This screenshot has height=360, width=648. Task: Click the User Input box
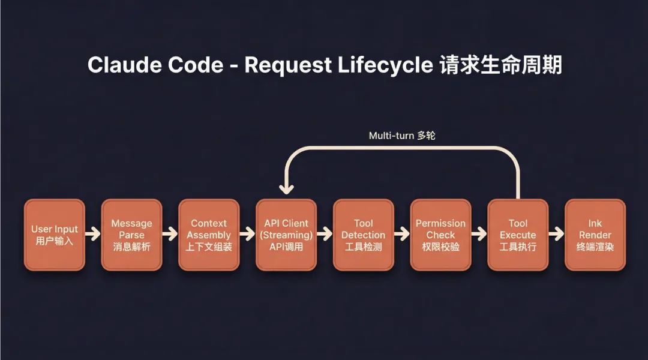point(55,235)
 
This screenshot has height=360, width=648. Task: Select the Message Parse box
point(131,235)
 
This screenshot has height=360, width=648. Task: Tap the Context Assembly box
point(209,235)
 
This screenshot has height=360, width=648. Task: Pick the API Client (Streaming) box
point(286,235)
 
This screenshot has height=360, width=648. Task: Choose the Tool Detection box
point(364,235)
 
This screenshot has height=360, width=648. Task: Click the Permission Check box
point(440,235)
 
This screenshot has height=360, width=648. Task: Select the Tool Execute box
point(518,235)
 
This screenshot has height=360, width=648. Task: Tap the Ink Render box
point(595,235)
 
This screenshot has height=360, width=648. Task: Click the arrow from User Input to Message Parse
point(93,234)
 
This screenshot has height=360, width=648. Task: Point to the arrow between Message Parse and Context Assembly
point(170,234)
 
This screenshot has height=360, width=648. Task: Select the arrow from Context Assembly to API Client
point(248,234)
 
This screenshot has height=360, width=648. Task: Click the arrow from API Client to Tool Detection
point(325,234)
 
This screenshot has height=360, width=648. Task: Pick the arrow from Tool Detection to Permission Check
point(402,234)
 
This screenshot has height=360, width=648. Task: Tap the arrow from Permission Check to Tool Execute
point(479,234)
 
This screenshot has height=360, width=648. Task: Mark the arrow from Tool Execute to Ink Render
point(556,234)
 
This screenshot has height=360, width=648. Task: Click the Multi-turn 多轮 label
point(402,136)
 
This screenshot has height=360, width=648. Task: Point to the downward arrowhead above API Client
point(287,188)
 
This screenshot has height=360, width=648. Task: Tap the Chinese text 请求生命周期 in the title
point(501,65)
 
